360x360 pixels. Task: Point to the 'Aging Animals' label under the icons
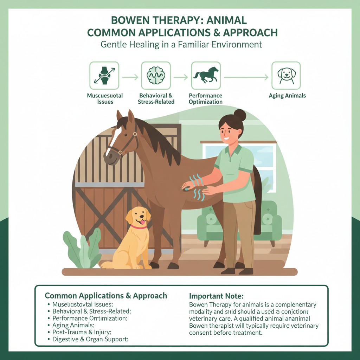click(287, 96)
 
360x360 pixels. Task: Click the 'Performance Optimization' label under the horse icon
click(206, 98)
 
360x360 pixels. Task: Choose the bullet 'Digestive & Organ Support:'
click(90, 340)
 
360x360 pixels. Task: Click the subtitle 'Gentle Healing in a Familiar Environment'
click(181, 45)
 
